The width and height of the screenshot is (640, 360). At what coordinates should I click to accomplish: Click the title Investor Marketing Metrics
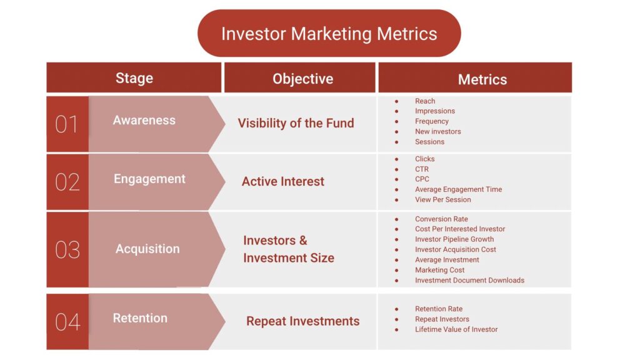point(329,34)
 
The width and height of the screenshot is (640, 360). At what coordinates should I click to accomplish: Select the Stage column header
point(134,78)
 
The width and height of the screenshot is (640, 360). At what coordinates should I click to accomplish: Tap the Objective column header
point(303,79)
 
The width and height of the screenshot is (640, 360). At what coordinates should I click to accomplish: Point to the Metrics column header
point(482,79)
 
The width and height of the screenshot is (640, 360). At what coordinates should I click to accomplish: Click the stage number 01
point(66,124)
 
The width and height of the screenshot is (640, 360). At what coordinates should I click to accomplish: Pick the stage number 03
point(67,249)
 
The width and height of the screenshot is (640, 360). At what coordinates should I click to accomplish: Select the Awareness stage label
point(144,120)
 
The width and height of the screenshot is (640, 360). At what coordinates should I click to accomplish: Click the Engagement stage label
point(149,179)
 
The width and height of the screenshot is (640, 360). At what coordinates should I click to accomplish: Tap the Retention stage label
point(140,318)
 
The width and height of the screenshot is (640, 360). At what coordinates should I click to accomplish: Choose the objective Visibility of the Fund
point(296,123)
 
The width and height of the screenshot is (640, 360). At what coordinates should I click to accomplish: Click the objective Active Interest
point(283,181)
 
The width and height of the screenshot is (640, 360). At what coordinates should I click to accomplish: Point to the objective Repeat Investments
point(303,321)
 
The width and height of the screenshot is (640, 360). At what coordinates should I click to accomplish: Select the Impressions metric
point(435,111)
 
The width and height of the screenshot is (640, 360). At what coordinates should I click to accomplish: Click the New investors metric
point(438,131)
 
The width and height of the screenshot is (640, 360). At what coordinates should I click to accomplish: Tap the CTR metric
point(422,169)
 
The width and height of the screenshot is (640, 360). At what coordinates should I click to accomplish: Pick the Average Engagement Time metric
point(458,189)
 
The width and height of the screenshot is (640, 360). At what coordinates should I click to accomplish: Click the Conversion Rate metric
point(441,219)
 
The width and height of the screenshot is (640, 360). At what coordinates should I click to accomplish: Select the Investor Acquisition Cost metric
point(456,249)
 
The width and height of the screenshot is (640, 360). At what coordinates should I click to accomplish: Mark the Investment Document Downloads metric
point(469,281)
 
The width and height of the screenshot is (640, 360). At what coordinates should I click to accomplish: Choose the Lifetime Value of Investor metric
point(456,329)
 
